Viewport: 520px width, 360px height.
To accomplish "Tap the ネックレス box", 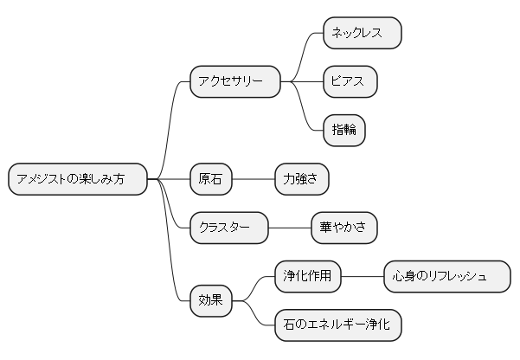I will coord(362,33).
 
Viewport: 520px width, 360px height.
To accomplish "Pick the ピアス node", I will coord(350,81).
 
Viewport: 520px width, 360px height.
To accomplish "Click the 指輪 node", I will coord(343,130).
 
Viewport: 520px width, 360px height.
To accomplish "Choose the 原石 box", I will coord(211,179).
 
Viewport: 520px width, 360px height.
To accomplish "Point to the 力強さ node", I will coord(301,179).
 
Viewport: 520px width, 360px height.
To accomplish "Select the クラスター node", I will coord(229,228).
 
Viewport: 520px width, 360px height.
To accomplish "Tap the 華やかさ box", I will coord(343,228).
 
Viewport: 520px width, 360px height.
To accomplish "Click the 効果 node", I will coord(211,300).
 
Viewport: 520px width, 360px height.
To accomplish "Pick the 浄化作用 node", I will coord(308,276).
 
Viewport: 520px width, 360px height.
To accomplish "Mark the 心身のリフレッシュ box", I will coord(446,276).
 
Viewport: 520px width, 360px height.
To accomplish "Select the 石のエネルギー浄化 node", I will coord(337,325).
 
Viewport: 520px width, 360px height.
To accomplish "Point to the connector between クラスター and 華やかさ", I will coord(290,228).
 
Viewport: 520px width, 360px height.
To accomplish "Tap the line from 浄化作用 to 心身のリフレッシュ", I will coord(363,276).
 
